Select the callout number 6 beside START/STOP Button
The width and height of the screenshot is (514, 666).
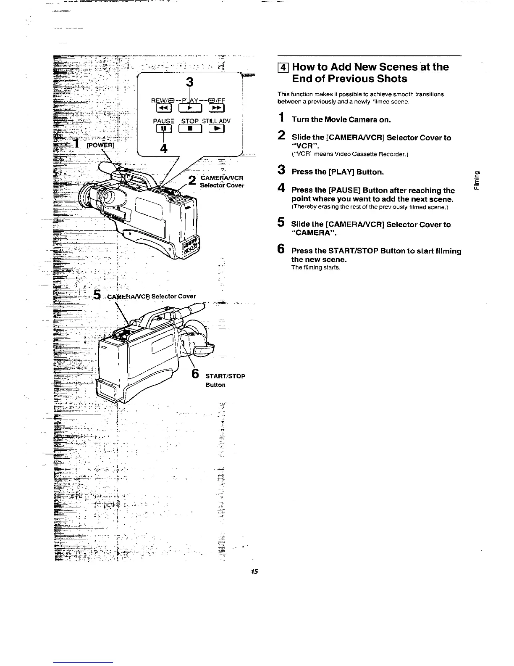click(195, 373)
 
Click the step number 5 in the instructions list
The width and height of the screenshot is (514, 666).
click(281, 223)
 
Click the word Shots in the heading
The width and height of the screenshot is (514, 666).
click(388, 79)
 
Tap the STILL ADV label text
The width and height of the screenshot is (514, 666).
click(216, 122)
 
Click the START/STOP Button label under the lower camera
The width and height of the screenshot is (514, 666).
click(225, 380)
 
